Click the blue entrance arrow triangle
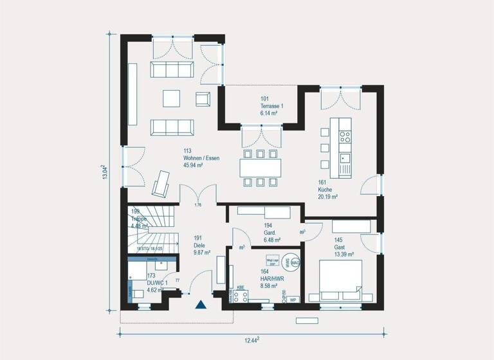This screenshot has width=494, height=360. (200, 305)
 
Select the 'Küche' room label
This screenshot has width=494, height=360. (325, 190)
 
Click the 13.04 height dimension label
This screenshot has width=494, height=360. (105, 173)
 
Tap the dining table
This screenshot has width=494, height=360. (261, 168)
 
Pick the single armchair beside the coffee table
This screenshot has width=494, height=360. (203, 99)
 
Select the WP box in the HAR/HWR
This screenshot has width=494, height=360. (293, 300)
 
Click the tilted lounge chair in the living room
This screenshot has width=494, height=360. (160, 184)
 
